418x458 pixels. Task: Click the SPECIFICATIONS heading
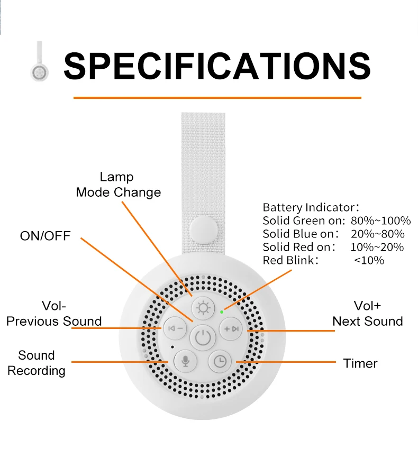[217, 66]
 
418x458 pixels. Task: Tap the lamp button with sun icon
[203, 308]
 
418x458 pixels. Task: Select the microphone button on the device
[185, 361]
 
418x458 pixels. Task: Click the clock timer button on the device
[220, 361]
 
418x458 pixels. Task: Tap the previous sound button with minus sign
[175, 328]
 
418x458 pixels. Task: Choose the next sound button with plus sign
[231, 329]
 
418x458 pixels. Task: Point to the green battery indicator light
[222, 312]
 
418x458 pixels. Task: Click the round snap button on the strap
[204, 230]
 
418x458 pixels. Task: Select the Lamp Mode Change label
[119, 185]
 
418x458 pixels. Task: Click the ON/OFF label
[46, 236]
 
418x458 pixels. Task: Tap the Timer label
[360, 363]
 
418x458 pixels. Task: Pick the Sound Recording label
[37, 363]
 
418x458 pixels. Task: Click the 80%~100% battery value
[380, 221]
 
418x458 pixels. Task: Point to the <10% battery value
[369, 260]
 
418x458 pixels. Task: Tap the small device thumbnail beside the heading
[40, 61]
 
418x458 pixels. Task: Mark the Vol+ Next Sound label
[367, 314]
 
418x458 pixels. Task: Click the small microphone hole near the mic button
[172, 347]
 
